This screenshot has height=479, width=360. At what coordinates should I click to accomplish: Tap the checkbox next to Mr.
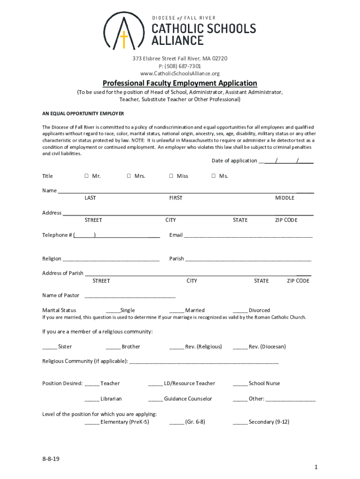87,176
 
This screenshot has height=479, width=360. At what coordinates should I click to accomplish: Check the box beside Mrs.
129,176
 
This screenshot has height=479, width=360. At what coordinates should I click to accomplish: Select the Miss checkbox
172,176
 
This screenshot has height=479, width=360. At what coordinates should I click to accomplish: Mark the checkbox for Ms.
214,176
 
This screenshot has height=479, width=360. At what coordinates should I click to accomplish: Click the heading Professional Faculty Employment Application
180,83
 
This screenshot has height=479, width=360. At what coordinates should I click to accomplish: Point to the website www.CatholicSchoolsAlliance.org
180,73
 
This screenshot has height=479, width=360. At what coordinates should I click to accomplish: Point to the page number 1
316,467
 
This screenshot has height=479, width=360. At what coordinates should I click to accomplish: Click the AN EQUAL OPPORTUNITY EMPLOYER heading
83,114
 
